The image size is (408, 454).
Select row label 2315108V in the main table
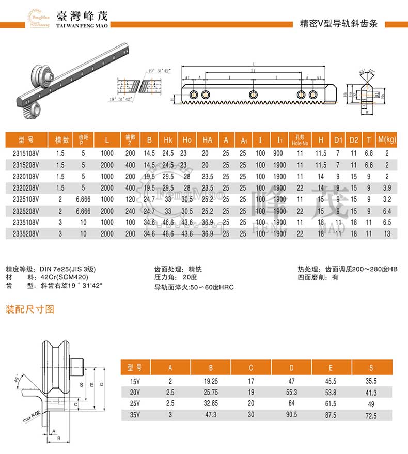coord(25,153)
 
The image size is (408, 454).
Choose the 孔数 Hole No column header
coord(300,140)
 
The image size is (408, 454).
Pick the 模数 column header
coord(62,140)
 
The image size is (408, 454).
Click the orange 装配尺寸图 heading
coord(29,309)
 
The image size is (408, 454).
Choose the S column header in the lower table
coord(371,367)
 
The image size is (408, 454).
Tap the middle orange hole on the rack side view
coord(253,94)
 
